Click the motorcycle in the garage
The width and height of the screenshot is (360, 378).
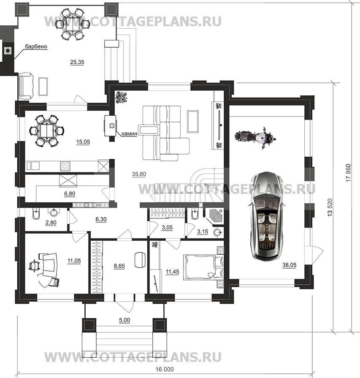[x=255, y=138]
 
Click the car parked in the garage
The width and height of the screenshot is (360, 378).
[x=266, y=216]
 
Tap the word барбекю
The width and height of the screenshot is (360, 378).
[x=36, y=47]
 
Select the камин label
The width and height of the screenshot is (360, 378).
[x=129, y=133]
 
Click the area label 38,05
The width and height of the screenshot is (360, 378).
[x=290, y=265]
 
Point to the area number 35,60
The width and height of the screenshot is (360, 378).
[x=139, y=174]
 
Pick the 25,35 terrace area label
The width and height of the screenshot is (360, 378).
[x=77, y=62]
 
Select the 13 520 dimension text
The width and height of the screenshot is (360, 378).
[x=330, y=207]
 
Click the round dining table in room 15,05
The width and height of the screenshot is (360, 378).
[x=47, y=131]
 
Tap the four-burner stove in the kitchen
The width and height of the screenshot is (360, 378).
[x=65, y=166]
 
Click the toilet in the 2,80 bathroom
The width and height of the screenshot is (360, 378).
[x=35, y=213]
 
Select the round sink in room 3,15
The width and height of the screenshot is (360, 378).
[x=218, y=233]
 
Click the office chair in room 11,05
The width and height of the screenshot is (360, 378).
[x=33, y=266]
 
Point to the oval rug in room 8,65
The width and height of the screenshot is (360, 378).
[x=140, y=260]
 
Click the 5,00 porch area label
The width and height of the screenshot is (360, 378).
[x=125, y=320]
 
